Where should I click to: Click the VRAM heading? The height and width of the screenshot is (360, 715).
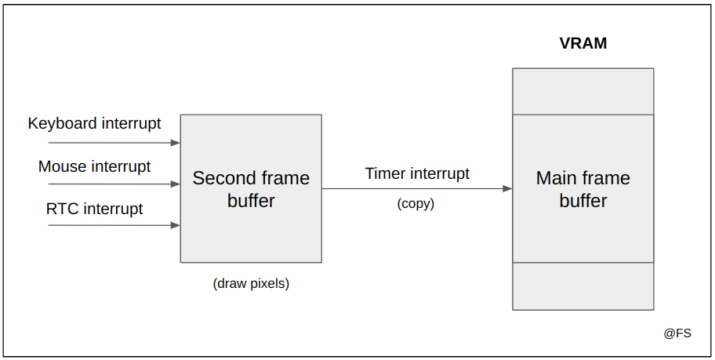click(x=583, y=43)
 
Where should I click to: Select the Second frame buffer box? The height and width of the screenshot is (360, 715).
click(x=251, y=188)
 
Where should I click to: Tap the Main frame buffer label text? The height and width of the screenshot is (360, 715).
click(x=583, y=189)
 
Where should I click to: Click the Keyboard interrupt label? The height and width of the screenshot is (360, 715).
click(x=94, y=124)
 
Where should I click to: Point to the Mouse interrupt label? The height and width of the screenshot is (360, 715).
click(x=94, y=166)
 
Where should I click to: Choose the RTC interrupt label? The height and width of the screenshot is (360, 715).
click(x=94, y=209)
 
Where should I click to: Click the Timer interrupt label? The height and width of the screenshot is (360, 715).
click(x=417, y=174)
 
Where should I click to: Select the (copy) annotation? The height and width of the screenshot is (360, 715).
click(x=416, y=203)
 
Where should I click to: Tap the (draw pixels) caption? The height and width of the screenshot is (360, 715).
click(x=251, y=284)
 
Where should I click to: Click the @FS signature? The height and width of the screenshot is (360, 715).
click(x=677, y=333)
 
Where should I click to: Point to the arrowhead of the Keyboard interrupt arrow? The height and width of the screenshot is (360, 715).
click(x=176, y=143)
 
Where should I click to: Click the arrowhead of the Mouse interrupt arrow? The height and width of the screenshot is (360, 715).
click(x=176, y=184)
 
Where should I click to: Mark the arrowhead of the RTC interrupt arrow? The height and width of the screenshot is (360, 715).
click(x=176, y=225)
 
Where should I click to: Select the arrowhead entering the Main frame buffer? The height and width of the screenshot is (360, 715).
click(x=507, y=189)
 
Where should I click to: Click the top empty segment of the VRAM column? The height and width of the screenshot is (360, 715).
click(x=583, y=92)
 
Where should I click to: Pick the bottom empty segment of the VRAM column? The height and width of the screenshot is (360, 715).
click(x=583, y=286)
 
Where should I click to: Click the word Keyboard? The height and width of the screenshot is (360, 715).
click(x=63, y=124)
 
